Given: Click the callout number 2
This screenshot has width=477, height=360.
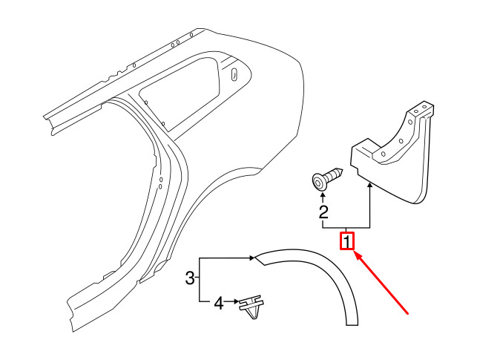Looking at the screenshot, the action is (x=323, y=212).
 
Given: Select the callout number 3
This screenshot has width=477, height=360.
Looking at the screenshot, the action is (x=190, y=278).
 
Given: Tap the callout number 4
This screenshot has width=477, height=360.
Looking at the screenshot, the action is (x=219, y=303).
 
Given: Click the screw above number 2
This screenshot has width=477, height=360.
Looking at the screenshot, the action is (x=327, y=179).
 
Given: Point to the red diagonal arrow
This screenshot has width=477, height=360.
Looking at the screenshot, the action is (x=382, y=283).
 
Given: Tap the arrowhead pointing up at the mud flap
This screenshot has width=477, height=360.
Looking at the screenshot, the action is (x=370, y=185).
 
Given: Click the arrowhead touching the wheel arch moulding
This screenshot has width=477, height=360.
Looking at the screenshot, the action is (x=252, y=258).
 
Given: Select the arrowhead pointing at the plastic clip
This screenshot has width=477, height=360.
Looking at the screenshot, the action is (x=236, y=301).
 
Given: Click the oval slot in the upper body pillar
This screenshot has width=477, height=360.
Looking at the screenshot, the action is (x=234, y=75).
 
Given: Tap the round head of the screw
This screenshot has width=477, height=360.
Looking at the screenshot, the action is (x=318, y=183).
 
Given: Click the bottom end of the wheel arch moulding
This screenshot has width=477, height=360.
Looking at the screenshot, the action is (x=352, y=324).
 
